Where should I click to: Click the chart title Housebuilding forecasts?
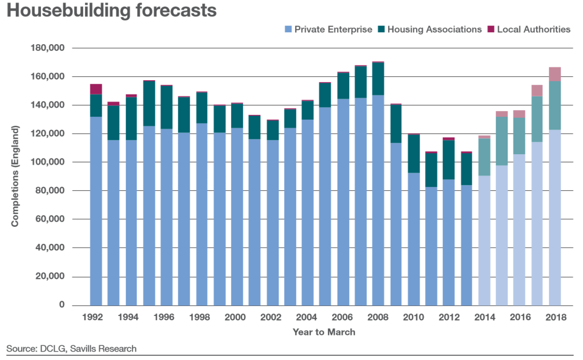click(x=111, y=11)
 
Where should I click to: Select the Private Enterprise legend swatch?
click(x=287, y=29)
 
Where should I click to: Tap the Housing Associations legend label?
click(x=434, y=29)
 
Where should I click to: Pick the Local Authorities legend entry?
click(x=533, y=29)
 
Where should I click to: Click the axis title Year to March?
click(x=324, y=332)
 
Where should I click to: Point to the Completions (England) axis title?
click(x=15, y=176)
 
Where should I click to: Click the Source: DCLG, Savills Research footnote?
click(x=71, y=349)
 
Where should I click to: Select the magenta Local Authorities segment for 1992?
click(x=96, y=89)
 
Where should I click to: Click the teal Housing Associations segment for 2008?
click(x=378, y=79)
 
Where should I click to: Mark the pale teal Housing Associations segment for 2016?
click(x=519, y=136)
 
